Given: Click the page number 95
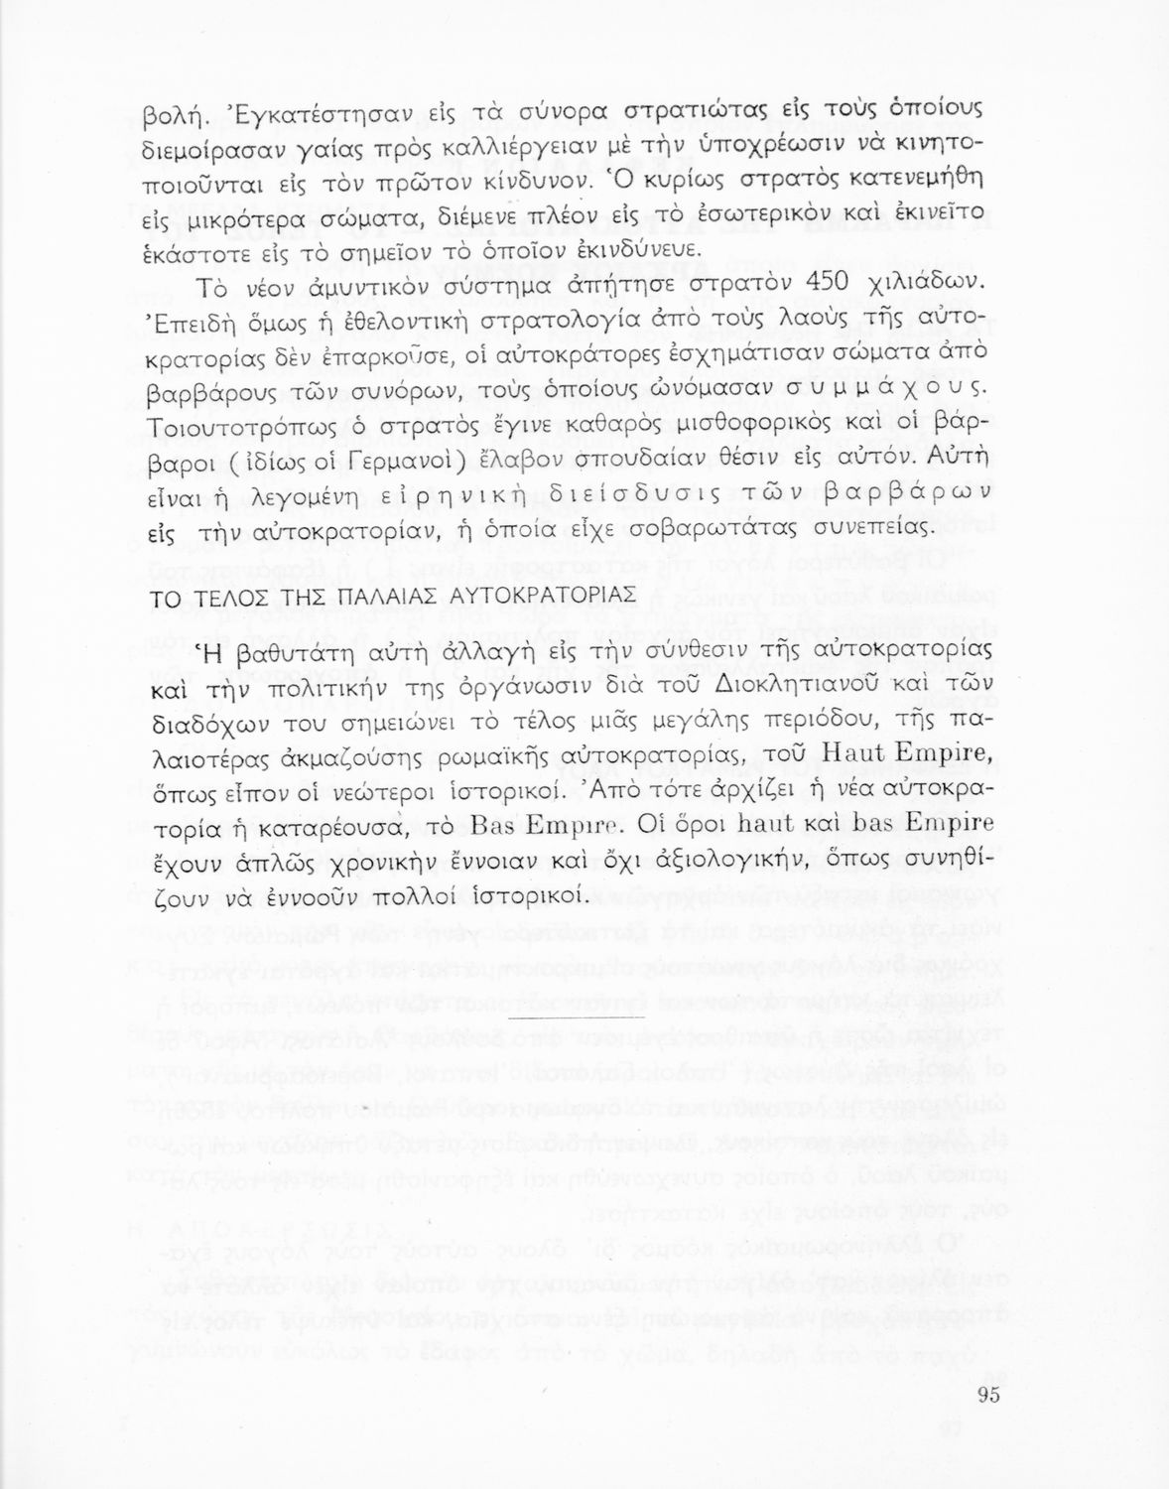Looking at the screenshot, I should (986, 1394).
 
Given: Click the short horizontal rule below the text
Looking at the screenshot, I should (576, 1019).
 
